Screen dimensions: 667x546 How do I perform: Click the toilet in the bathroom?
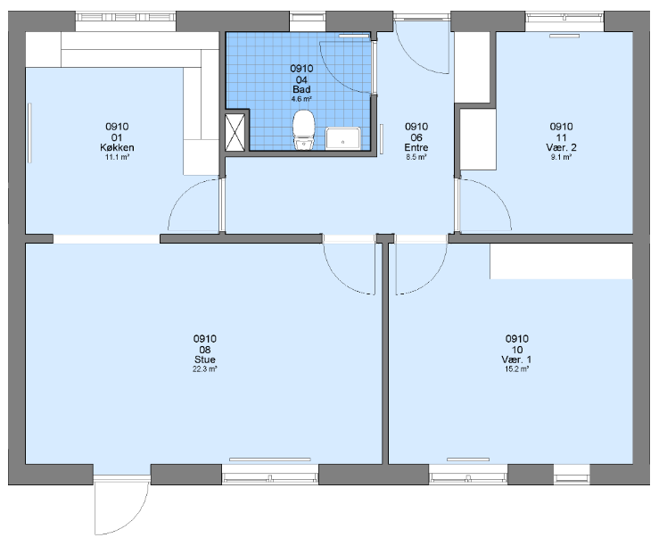click(304, 129)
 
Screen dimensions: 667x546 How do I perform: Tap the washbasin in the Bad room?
click(342, 138)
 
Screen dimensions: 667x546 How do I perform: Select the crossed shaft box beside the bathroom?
click(235, 132)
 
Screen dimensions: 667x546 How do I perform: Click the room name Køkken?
click(117, 148)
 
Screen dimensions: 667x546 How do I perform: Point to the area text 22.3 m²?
click(205, 369)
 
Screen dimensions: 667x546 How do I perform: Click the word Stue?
click(205, 360)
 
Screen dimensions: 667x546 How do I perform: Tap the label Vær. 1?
click(516, 360)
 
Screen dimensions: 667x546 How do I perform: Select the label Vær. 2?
click(561, 148)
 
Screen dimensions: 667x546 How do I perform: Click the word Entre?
click(416, 148)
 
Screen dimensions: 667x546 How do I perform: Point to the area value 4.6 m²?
click(301, 99)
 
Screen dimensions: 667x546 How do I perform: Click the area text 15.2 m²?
click(517, 369)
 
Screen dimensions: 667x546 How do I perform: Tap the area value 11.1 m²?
click(117, 157)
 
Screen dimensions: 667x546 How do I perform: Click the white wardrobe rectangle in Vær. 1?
click(561, 261)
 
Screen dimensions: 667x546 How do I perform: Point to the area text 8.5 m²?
click(416, 157)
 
